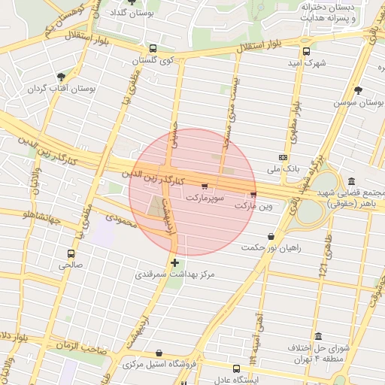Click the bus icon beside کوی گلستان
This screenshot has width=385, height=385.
tap(153, 47)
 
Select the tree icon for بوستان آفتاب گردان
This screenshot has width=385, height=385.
tap(61, 76)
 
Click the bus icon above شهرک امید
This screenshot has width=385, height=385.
tap(306, 51)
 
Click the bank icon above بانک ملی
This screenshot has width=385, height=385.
tap(283, 157)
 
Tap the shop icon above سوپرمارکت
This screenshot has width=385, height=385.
tap(205, 185)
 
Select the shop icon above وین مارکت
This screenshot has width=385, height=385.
tap(252, 194)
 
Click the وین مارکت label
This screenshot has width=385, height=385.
tap(253, 205)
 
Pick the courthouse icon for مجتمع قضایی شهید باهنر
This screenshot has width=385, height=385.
tap(352, 181)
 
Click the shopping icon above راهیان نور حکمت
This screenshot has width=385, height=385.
tap(271, 236)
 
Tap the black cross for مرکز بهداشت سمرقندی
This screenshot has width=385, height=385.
tap(175, 262)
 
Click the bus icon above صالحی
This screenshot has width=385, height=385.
tap(71, 253)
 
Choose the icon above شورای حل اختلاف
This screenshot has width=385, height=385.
tap(319, 336)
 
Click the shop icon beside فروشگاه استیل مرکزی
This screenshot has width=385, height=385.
tap(159, 352)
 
